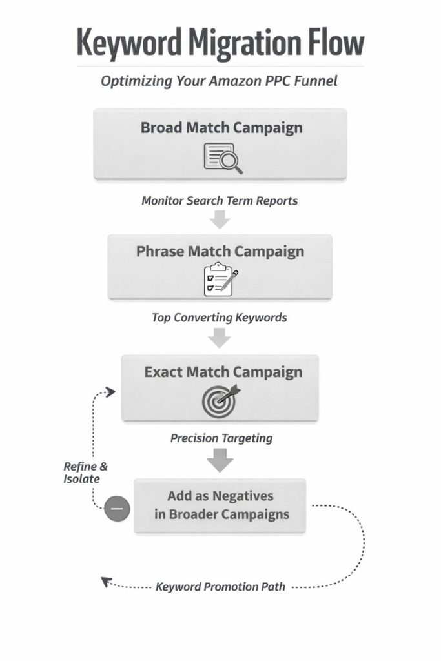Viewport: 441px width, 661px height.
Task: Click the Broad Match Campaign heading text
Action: (x=221, y=127)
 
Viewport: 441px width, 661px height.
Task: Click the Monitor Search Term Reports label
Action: (x=220, y=200)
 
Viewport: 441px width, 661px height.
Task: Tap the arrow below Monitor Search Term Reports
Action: (x=220, y=219)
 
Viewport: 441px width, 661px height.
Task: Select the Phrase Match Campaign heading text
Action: (x=220, y=251)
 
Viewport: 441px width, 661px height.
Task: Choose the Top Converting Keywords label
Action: (x=220, y=318)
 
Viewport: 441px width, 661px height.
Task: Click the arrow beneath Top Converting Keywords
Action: (x=220, y=337)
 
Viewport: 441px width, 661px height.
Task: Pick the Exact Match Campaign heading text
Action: (x=223, y=372)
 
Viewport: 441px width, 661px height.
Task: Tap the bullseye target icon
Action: (x=220, y=400)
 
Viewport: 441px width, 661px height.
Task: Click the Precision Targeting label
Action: (x=221, y=438)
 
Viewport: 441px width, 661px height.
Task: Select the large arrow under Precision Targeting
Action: (x=220, y=460)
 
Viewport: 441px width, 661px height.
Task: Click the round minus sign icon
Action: (x=117, y=509)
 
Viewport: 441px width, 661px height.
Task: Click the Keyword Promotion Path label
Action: (x=220, y=587)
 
